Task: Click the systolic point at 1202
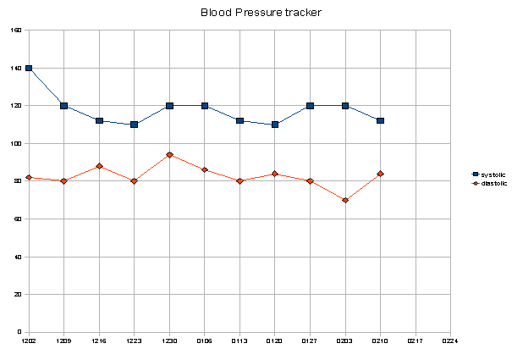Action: pos(29,68)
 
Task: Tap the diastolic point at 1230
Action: pos(169,155)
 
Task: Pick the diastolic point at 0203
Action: pos(345,200)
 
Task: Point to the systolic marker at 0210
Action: pos(381,120)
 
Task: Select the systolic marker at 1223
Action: pos(135,125)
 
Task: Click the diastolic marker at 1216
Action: pos(99,166)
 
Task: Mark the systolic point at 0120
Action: pos(275,125)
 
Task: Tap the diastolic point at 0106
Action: pos(205,170)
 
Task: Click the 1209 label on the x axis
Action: pos(64,341)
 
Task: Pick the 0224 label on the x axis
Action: pos(450,341)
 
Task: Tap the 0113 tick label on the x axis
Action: pos(239,341)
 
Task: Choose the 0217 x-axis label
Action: pos(416,341)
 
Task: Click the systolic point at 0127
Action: pos(311,106)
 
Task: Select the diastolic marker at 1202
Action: pos(29,177)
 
